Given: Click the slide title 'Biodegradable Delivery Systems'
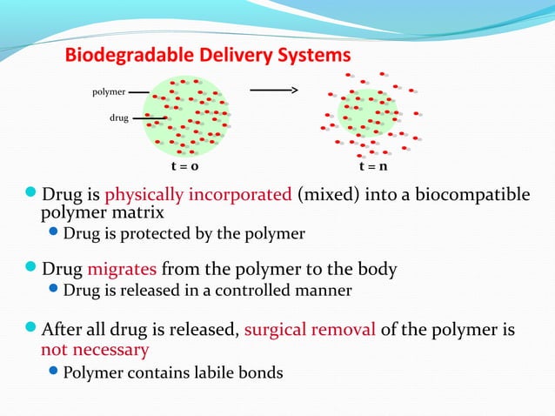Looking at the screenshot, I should pos(209,56).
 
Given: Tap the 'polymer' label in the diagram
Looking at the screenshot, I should pos(109,91).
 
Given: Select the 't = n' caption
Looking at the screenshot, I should pos(373,165).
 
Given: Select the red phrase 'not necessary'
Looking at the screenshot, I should pos(95,350).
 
